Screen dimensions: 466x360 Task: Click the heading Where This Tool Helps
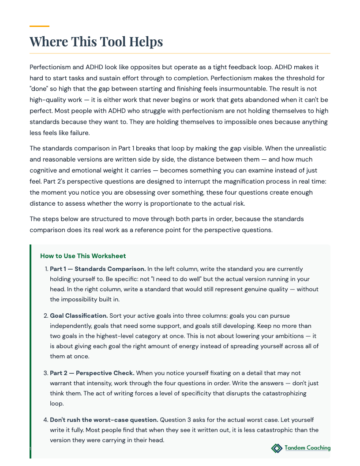tap(96, 42)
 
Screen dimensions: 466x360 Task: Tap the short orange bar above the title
tap(39, 26)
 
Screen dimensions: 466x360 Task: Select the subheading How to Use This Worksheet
tap(83, 256)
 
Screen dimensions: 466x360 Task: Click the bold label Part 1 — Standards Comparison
tap(97, 269)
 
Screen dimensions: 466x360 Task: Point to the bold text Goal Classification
tap(79, 316)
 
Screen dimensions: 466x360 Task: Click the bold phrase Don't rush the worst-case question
tap(104, 420)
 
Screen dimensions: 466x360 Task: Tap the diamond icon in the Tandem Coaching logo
tap(277, 448)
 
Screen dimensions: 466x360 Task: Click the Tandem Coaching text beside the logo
tap(307, 448)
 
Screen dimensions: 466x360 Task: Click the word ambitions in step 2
tap(291, 336)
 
